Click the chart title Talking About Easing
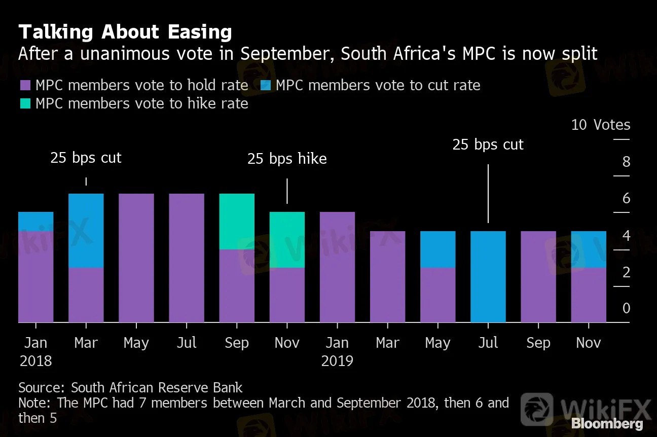tap(125, 32)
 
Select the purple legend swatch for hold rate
tap(24, 85)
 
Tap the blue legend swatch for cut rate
tap(265, 85)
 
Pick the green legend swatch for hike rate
tap(24, 104)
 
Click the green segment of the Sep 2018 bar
tap(237, 222)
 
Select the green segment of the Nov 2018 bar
tap(287, 239)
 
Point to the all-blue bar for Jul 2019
tap(488, 276)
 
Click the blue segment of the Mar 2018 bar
tap(86, 231)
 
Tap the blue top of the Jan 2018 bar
tap(36, 222)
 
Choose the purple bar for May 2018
tap(136, 258)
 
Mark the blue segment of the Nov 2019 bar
tap(589, 249)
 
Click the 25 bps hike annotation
tap(287, 159)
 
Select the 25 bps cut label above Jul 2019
tap(488, 145)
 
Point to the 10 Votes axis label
tap(601, 125)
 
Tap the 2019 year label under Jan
tap(337, 361)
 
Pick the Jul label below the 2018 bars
tap(187, 343)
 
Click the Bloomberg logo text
tap(607, 424)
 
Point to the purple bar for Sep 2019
tap(538, 276)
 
